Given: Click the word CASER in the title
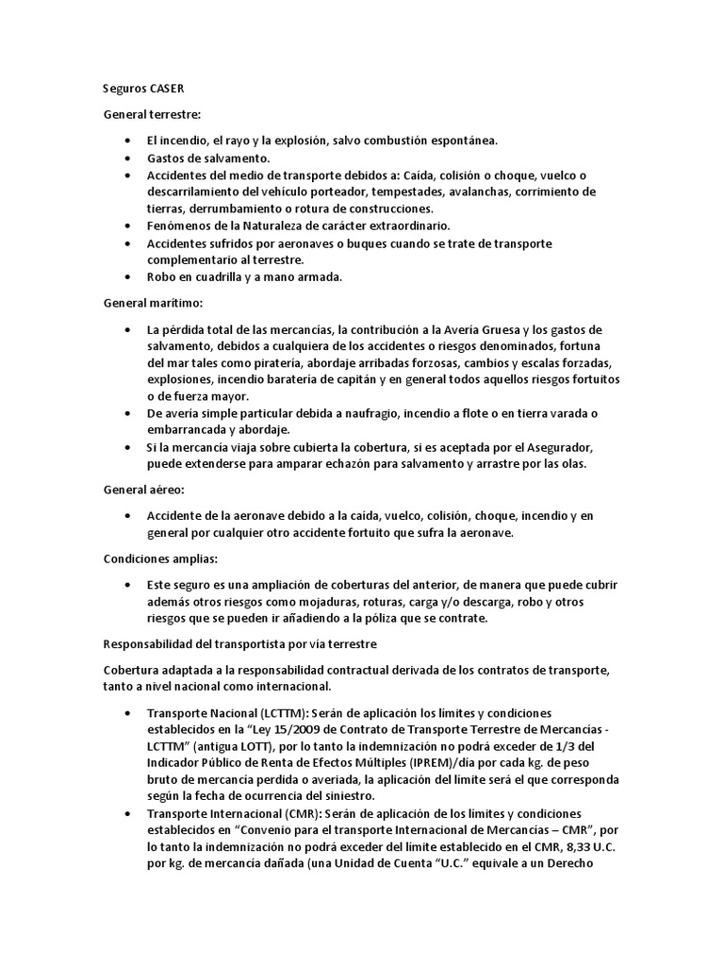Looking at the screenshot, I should point(167,90).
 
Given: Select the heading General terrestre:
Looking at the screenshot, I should point(146,114).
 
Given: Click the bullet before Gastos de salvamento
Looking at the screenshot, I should point(127,158).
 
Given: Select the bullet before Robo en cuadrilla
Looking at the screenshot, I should point(127,277).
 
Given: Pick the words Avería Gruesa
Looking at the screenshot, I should point(496,329).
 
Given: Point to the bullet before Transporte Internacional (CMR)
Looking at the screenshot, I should point(127,813).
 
